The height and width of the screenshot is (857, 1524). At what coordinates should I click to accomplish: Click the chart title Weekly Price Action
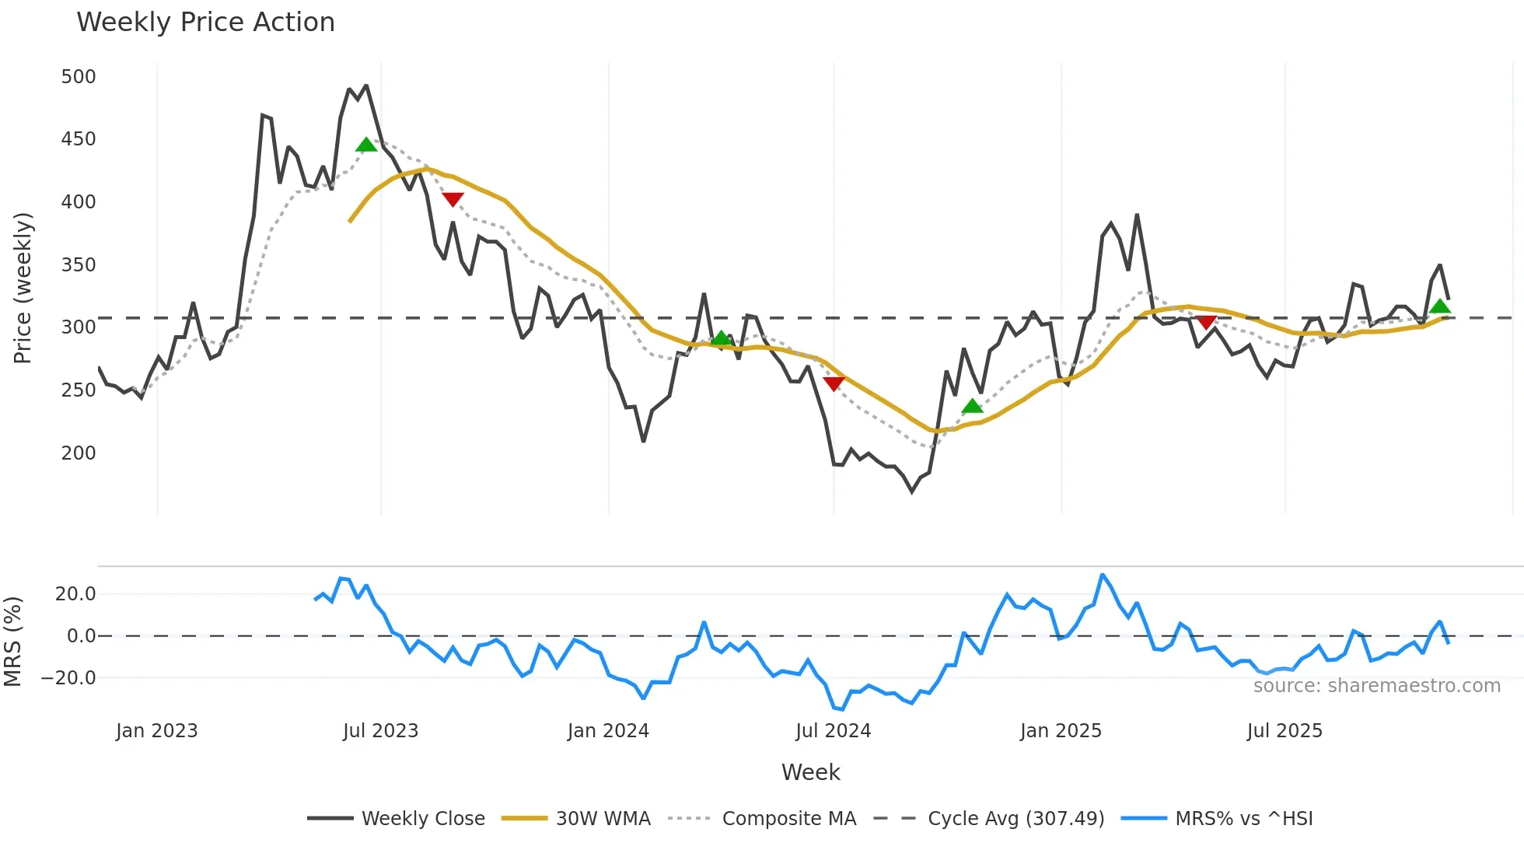tap(205, 23)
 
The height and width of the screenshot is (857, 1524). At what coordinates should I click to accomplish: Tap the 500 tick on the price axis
tap(79, 77)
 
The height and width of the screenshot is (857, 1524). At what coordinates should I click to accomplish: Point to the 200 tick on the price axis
tap(79, 453)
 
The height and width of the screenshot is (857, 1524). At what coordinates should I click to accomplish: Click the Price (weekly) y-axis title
tap(23, 288)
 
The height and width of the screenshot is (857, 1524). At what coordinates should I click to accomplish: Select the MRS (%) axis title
tap(12, 642)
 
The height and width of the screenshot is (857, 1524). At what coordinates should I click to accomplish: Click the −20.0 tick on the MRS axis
tap(68, 677)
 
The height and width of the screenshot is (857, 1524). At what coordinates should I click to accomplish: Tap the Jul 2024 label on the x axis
tap(833, 731)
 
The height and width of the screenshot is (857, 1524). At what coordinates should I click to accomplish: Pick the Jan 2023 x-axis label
tap(157, 731)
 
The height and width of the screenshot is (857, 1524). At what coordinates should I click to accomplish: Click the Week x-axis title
tap(810, 772)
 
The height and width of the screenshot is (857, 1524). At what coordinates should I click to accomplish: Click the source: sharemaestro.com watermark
tap(1376, 686)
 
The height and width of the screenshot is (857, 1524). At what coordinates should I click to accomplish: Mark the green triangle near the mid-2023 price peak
tap(366, 145)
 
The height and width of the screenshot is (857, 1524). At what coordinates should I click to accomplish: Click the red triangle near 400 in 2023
tap(453, 199)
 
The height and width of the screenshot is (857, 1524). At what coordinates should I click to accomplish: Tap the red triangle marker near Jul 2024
tap(834, 383)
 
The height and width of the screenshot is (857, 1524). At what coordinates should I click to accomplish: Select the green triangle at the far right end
tap(1440, 306)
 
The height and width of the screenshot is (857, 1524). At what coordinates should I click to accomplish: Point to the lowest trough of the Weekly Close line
tap(912, 491)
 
